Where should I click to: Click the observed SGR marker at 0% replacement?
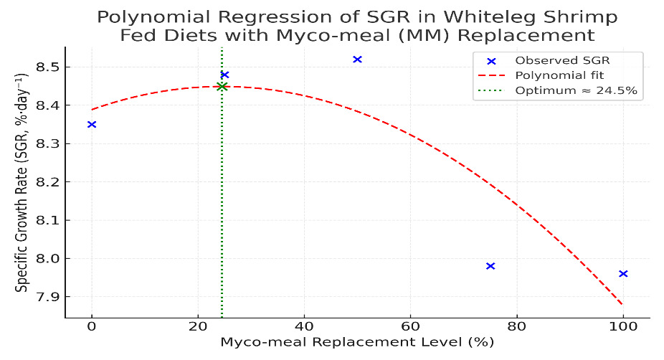coord(92,125)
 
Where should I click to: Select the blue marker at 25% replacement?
coord(224,75)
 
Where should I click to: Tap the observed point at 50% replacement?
coord(358,60)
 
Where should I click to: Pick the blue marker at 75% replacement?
coord(490,266)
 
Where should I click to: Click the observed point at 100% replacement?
coord(623,274)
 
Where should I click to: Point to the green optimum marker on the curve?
coord(222,87)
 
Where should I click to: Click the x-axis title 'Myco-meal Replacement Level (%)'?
coord(357,343)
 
